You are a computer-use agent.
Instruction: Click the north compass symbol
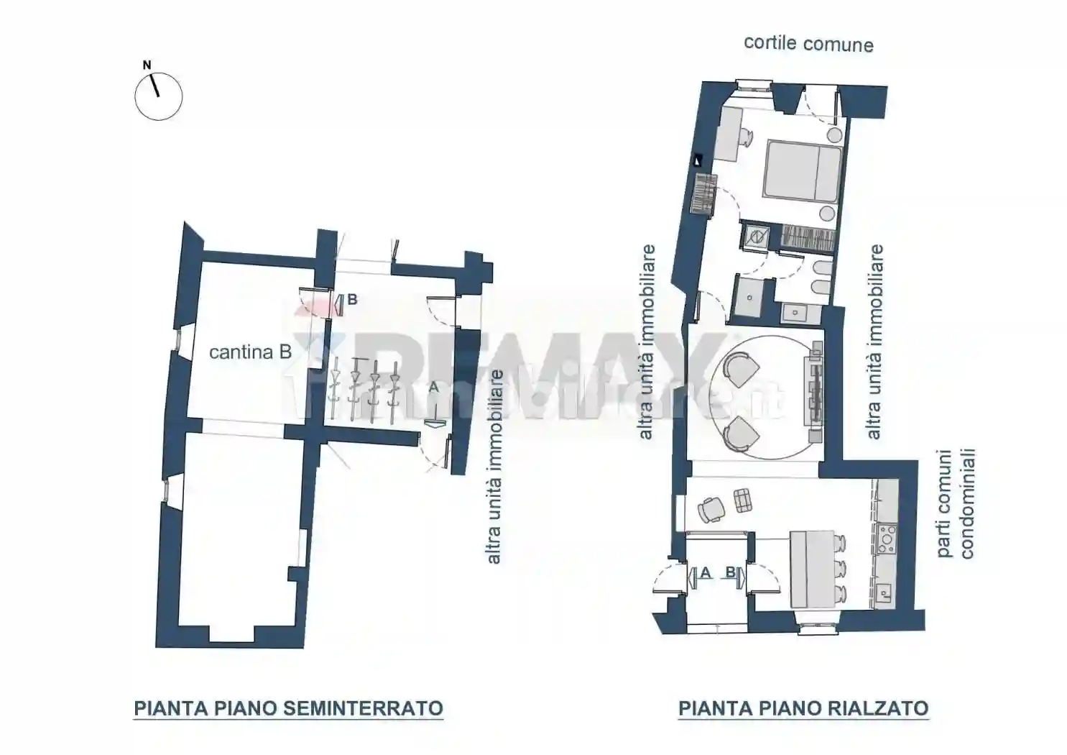[158, 96]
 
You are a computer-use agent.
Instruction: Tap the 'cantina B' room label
[250, 352]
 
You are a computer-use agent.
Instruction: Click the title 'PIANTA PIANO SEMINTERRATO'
[288, 708]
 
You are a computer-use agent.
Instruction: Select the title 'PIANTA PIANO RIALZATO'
[803, 708]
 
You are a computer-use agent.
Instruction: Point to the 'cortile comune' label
[808, 44]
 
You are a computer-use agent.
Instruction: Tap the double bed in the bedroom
[802, 169]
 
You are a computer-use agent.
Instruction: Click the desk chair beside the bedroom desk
[744, 134]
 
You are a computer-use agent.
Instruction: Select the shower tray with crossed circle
[756, 236]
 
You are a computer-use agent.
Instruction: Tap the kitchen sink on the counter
[886, 592]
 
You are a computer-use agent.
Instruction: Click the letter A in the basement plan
[433, 387]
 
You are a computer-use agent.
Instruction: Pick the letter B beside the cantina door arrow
[352, 300]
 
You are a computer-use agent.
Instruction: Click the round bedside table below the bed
[827, 213]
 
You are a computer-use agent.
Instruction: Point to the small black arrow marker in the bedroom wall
[696, 161]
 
